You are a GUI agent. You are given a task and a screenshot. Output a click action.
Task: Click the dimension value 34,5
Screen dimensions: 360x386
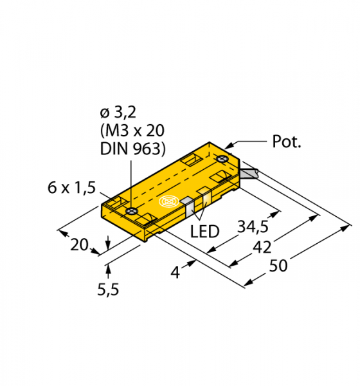coord(253,226)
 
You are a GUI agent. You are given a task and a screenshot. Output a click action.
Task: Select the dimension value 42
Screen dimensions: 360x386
coord(262,247)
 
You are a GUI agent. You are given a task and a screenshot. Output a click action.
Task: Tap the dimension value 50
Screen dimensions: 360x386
coord(278,266)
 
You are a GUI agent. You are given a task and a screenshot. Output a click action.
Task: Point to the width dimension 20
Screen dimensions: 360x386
coord(79,244)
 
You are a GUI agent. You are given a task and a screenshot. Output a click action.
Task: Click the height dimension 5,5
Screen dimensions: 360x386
coord(108,289)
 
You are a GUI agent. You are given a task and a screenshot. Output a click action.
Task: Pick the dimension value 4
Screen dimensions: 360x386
coord(175,273)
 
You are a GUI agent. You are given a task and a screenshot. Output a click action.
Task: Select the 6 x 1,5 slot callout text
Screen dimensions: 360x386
coord(71,188)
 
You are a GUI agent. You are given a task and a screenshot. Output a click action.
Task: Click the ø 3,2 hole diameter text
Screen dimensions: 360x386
coord(118,113)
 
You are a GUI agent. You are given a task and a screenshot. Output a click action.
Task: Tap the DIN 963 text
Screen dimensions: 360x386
coord(133,149)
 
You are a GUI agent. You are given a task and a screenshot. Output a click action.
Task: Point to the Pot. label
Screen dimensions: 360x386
coord(287,142)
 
